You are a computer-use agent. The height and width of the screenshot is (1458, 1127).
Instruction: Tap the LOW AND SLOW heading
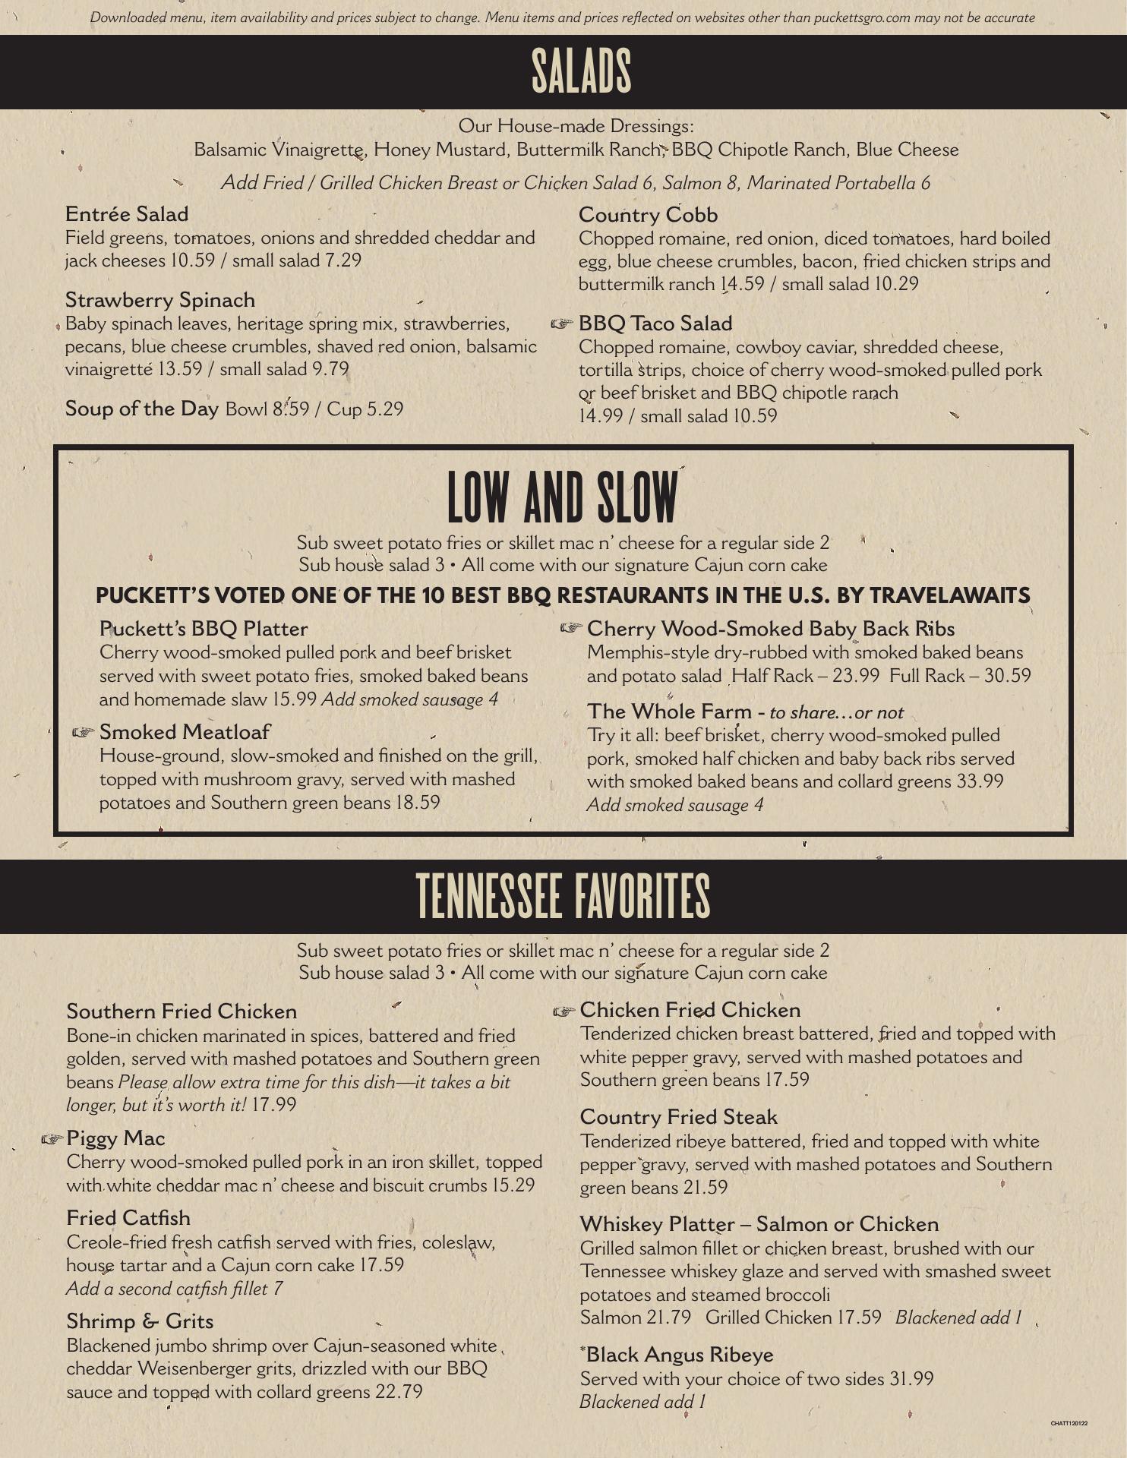(562, 497)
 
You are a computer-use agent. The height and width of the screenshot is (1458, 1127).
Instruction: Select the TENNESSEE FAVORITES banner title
(563, 896)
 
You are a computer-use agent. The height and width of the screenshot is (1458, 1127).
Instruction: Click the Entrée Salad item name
(127, 214)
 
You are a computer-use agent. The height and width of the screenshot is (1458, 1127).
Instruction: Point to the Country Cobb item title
(648, 215)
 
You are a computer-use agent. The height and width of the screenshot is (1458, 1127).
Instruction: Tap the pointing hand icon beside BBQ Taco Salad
(561, 324)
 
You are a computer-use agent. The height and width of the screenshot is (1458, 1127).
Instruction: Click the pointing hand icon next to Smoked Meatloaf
(83, 733)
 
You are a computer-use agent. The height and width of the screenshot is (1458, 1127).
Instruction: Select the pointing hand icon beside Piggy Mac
(52, 1139)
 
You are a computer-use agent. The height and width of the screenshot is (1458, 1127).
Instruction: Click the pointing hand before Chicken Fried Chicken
(564, 1011)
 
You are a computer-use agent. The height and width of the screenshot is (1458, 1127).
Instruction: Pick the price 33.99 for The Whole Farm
(980, 781)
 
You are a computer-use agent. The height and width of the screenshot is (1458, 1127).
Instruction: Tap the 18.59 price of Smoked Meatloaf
(418, 803)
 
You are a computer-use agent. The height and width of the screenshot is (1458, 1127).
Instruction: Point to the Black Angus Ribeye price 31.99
(911, 1379)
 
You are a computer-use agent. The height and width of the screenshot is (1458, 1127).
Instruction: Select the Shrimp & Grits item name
(140, 1321)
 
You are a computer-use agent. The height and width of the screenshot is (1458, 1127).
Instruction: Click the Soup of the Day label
(142, 409)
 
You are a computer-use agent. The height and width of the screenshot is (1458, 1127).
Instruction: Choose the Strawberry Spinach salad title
(160, 300)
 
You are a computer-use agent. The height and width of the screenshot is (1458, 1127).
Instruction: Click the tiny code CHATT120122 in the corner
(1069, 1423)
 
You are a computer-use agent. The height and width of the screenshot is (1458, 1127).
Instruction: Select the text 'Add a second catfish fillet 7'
(175, 1289)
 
